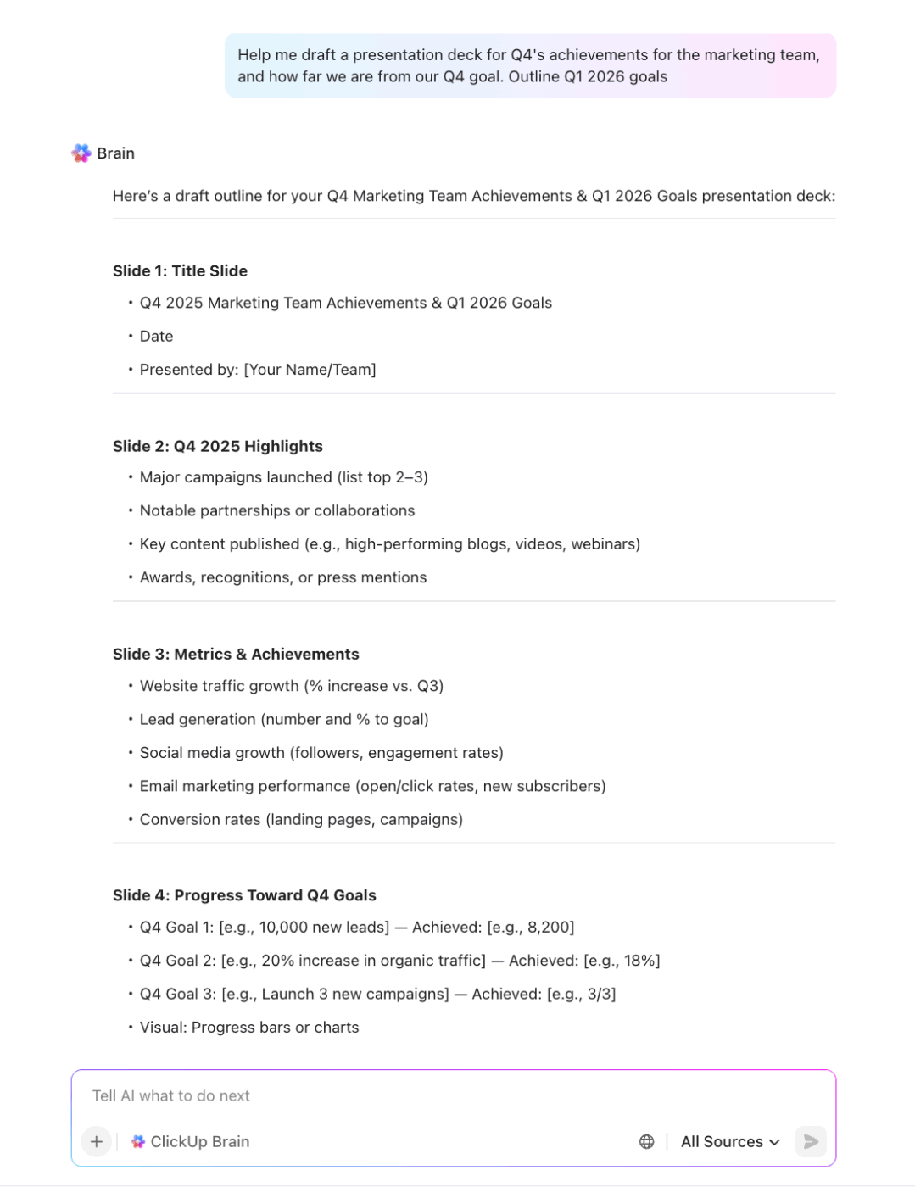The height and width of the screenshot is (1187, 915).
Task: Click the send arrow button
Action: pyautogui.click(x=811, y=1141)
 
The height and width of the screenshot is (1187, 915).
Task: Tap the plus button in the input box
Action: pyautogui.click(x=97, y=1141)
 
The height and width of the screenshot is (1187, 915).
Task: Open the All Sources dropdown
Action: pyautogui.click(x=729, y=1141)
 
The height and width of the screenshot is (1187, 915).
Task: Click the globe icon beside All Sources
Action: pyautogui.click(x=647, y=1141)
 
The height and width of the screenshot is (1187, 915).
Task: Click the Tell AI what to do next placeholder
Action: pyautogui.click(x=171, y=1095)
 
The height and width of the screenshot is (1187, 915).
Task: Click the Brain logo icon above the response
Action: pyautogui.click(x=81, y=153)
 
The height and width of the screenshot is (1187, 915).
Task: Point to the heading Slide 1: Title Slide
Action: pyautogui.click(x=180, y=271)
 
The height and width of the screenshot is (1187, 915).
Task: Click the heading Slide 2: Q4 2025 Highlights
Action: pyautogui.click(x=217, y=446)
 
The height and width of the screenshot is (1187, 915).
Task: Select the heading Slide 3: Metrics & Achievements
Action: pyautogui.click(x=236, y=654)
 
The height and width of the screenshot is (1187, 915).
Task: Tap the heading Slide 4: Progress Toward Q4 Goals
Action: pyautogui.click(x=244, y=895)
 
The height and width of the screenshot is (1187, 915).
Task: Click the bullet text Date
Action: pyautogui.click(x=156, y=337)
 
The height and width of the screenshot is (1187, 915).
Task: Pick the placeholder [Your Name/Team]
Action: pyautogui.click(x=310, y=370)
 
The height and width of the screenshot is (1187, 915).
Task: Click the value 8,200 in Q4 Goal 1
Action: pyautogui.click(x=550, y=928)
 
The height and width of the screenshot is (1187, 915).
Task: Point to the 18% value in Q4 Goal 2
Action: pyautogui.click(x=641, y=961)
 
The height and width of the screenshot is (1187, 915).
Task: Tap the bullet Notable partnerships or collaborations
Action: pyautogui.click(x=277, y=510)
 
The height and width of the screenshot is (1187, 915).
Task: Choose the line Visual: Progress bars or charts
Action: pyautogui.click(x=249, y=1028)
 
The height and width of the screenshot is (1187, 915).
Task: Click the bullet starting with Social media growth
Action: pyautogui.click(x=321, y=753)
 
